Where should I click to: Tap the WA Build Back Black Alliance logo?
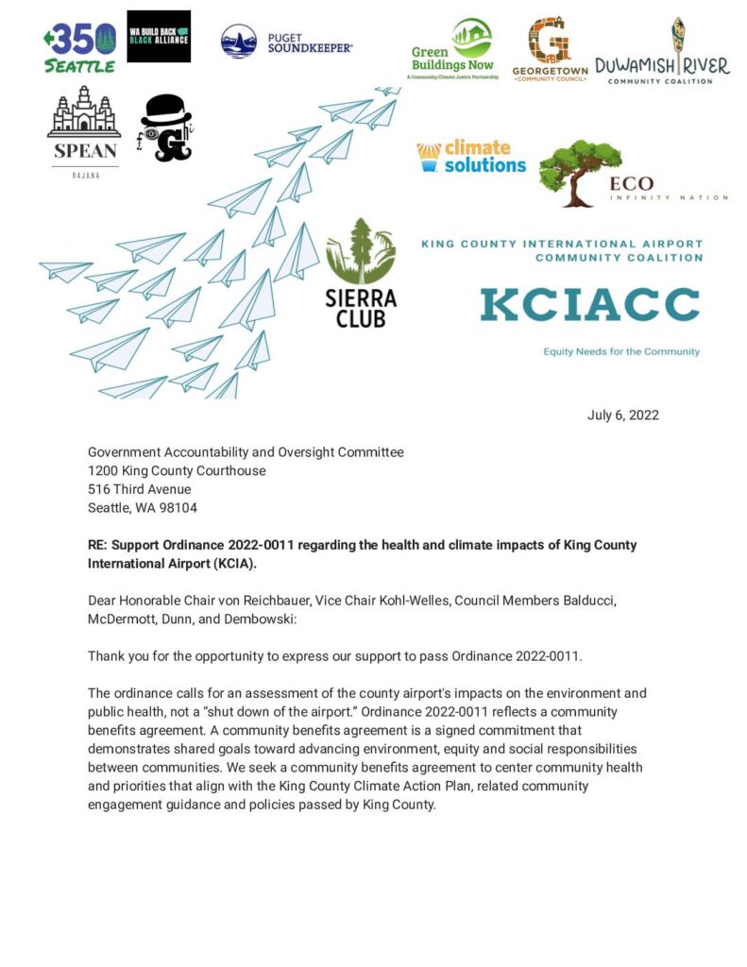click(159, 37)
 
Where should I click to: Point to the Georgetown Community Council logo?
click(550, 49)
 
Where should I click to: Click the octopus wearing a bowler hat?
click(166, 128)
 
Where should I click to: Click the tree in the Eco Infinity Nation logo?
click(578, 171)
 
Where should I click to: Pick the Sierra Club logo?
click(361, 274)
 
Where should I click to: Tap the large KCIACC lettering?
click(589, 305)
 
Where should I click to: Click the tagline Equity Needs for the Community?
click(620, 351)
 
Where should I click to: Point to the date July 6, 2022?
click(622, 416)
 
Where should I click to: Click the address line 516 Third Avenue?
click(139, 489)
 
